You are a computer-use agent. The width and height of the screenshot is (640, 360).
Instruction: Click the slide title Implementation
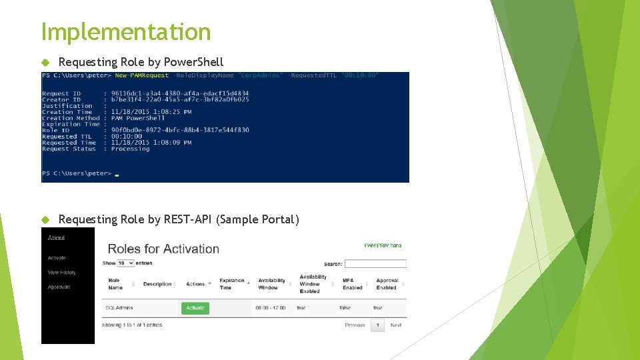(126, 31)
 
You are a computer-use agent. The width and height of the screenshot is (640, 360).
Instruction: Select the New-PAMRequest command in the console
(142, 75)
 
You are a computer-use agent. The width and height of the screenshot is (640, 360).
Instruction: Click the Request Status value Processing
(130, 149)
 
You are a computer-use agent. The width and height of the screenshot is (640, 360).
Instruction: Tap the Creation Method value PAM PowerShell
(137, 118)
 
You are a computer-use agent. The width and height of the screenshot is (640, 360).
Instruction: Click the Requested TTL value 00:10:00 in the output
(126, 137)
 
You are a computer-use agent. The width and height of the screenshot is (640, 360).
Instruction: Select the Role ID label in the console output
(56, 130)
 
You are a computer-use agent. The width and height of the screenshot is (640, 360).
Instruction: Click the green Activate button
(195, 308)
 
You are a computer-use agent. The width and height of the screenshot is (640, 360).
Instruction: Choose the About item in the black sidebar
(57, 238)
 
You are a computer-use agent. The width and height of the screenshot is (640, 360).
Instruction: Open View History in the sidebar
(61, 273)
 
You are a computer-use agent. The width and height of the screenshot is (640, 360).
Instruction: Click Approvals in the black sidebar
(59, 287)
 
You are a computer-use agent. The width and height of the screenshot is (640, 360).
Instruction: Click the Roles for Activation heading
(163, 249)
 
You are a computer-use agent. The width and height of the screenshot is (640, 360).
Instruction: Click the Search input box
(375, 264)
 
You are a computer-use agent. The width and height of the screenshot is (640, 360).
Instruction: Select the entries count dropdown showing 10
(126, 263)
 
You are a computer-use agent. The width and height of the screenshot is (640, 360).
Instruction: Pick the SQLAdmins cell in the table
(119, 308)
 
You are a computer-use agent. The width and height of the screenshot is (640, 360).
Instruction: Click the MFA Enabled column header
(352, 284)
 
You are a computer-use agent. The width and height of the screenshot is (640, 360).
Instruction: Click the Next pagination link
(395, 325)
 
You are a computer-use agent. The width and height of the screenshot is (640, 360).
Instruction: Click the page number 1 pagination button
(377, 325)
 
